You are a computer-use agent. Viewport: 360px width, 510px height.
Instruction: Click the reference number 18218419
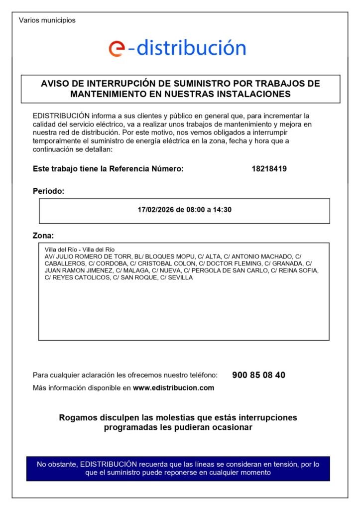tap(269, 169)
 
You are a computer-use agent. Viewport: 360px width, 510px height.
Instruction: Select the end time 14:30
tap(222, 210)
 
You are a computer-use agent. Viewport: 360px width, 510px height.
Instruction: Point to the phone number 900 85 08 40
tap(258, 375)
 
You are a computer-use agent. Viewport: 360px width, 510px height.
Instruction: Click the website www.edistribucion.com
tap(173, 387)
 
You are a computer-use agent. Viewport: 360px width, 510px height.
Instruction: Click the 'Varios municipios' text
tap(47, 20)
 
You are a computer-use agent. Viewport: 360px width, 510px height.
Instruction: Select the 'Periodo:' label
tap(48, 191)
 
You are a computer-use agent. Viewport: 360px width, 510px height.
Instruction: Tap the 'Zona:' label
tap(43, 235)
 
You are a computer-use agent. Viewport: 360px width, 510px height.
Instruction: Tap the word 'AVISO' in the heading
tap(55, 83)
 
